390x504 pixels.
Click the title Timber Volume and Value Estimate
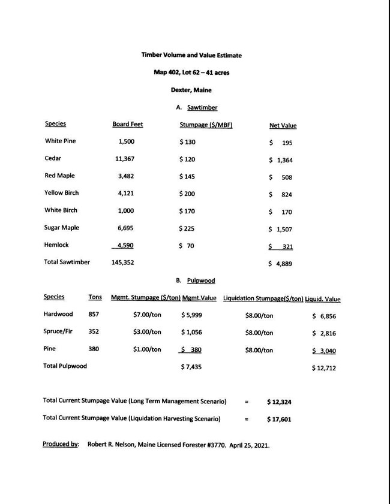pyautogui.click(x=191, y=55)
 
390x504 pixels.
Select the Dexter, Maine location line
pyautogui.click(x=191, y=90)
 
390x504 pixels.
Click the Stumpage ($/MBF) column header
pyautogui.click(x=206, y=125)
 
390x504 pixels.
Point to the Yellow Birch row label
pyautogui.click(x=61, y=193)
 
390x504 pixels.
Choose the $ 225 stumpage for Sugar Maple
pyautogui.click(x=188, y=228)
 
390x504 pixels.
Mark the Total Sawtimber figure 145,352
pyautogui.click(x=127, y=262)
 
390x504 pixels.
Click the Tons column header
pyautogui.click(x=95, y=297)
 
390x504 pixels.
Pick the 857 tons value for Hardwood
pyautogui.click(x=94, y=314)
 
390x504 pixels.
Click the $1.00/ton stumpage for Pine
pyautogui.click(x=147, y=349)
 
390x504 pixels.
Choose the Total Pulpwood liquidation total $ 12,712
pyautogui.click(x=324, y=368)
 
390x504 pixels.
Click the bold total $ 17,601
pyautogui.click(x=279, y=420)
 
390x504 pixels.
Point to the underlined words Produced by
pyautogui.click(x=61, y=444)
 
